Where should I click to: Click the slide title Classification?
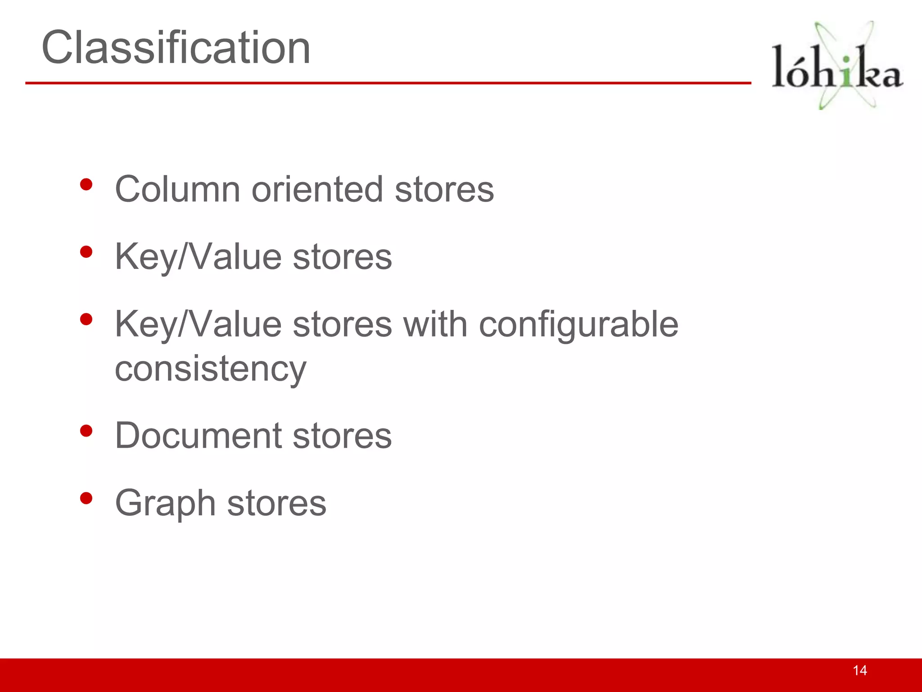176,48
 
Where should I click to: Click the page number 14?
859,670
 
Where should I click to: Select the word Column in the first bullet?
177,189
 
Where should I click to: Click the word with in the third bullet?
435,324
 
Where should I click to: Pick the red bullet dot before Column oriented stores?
86,184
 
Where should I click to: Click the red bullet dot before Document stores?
86,431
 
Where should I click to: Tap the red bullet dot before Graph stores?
86,498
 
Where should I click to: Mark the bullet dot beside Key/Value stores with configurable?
86,319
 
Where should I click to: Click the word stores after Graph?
276,503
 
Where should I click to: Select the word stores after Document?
342,436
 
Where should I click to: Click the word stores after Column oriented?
444,189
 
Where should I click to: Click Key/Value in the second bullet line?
198,257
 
